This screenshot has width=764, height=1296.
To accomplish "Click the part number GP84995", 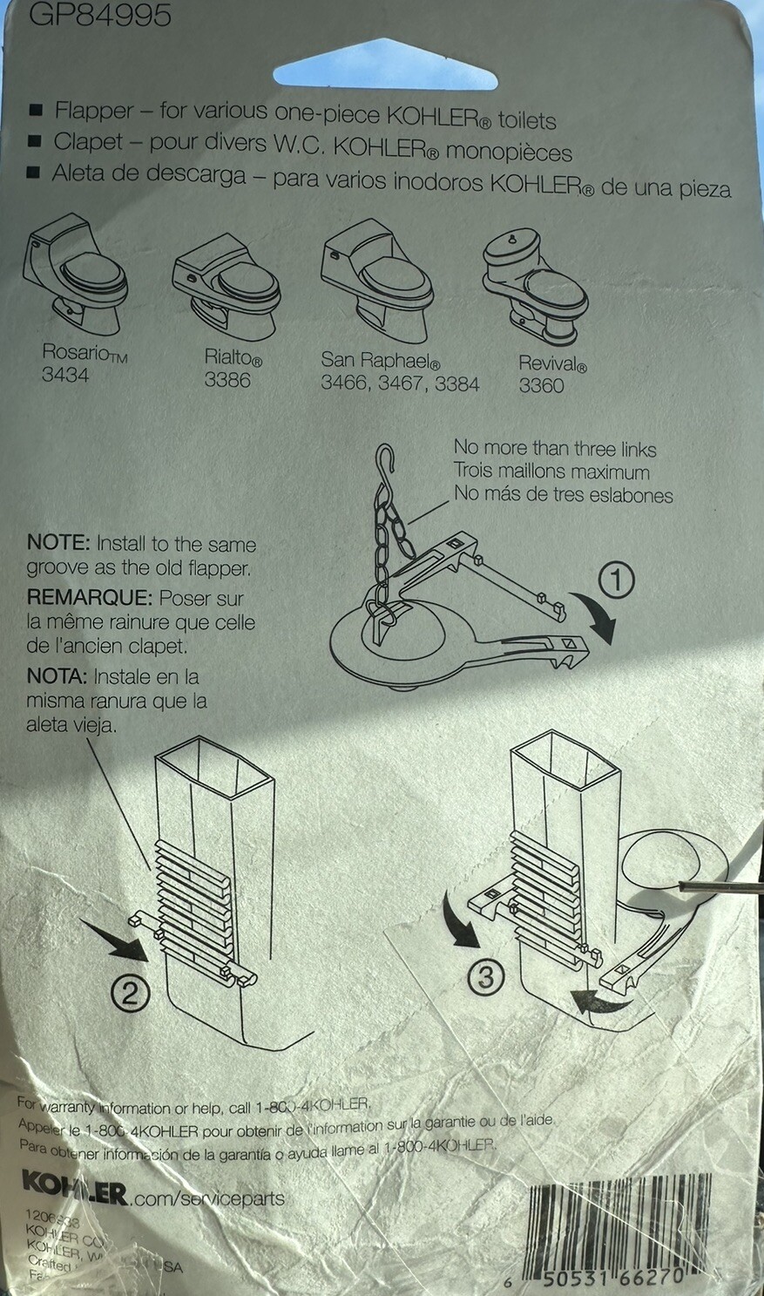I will tap(100, 15).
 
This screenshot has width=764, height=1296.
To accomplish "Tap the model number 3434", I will tap(65, 376).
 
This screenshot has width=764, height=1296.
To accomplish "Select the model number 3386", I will tap(227, 381).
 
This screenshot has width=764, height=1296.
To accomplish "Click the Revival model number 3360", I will tap(542, 386).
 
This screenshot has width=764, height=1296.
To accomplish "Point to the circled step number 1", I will tap(617, 580).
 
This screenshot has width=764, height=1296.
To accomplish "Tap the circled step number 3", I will tap(486, 976).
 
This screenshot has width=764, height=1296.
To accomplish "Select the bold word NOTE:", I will tap(58, 543).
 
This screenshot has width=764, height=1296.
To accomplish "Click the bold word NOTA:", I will tap(57, 676).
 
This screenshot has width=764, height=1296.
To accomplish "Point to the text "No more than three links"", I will tap(555, 449).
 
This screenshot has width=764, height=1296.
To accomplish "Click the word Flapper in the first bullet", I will tap(94, 111).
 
